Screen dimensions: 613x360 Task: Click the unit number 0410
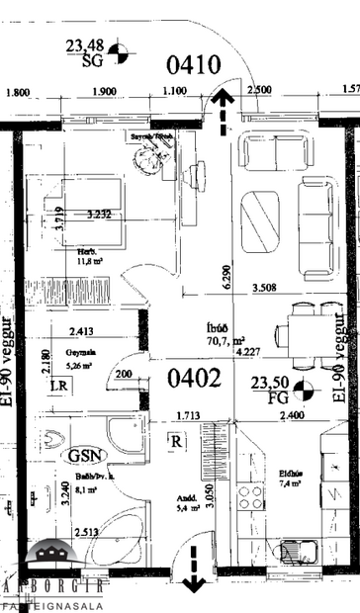tap(194, 66)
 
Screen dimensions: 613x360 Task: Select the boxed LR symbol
tap(59, 386)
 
